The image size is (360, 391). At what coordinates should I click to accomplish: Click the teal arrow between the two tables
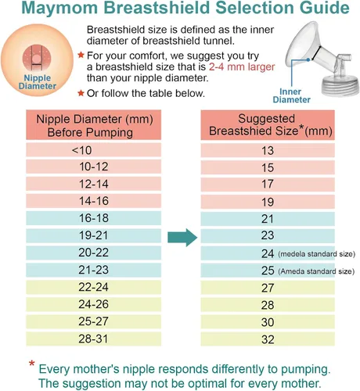[182, 236]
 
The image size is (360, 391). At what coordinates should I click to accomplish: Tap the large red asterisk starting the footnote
[32, 365]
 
